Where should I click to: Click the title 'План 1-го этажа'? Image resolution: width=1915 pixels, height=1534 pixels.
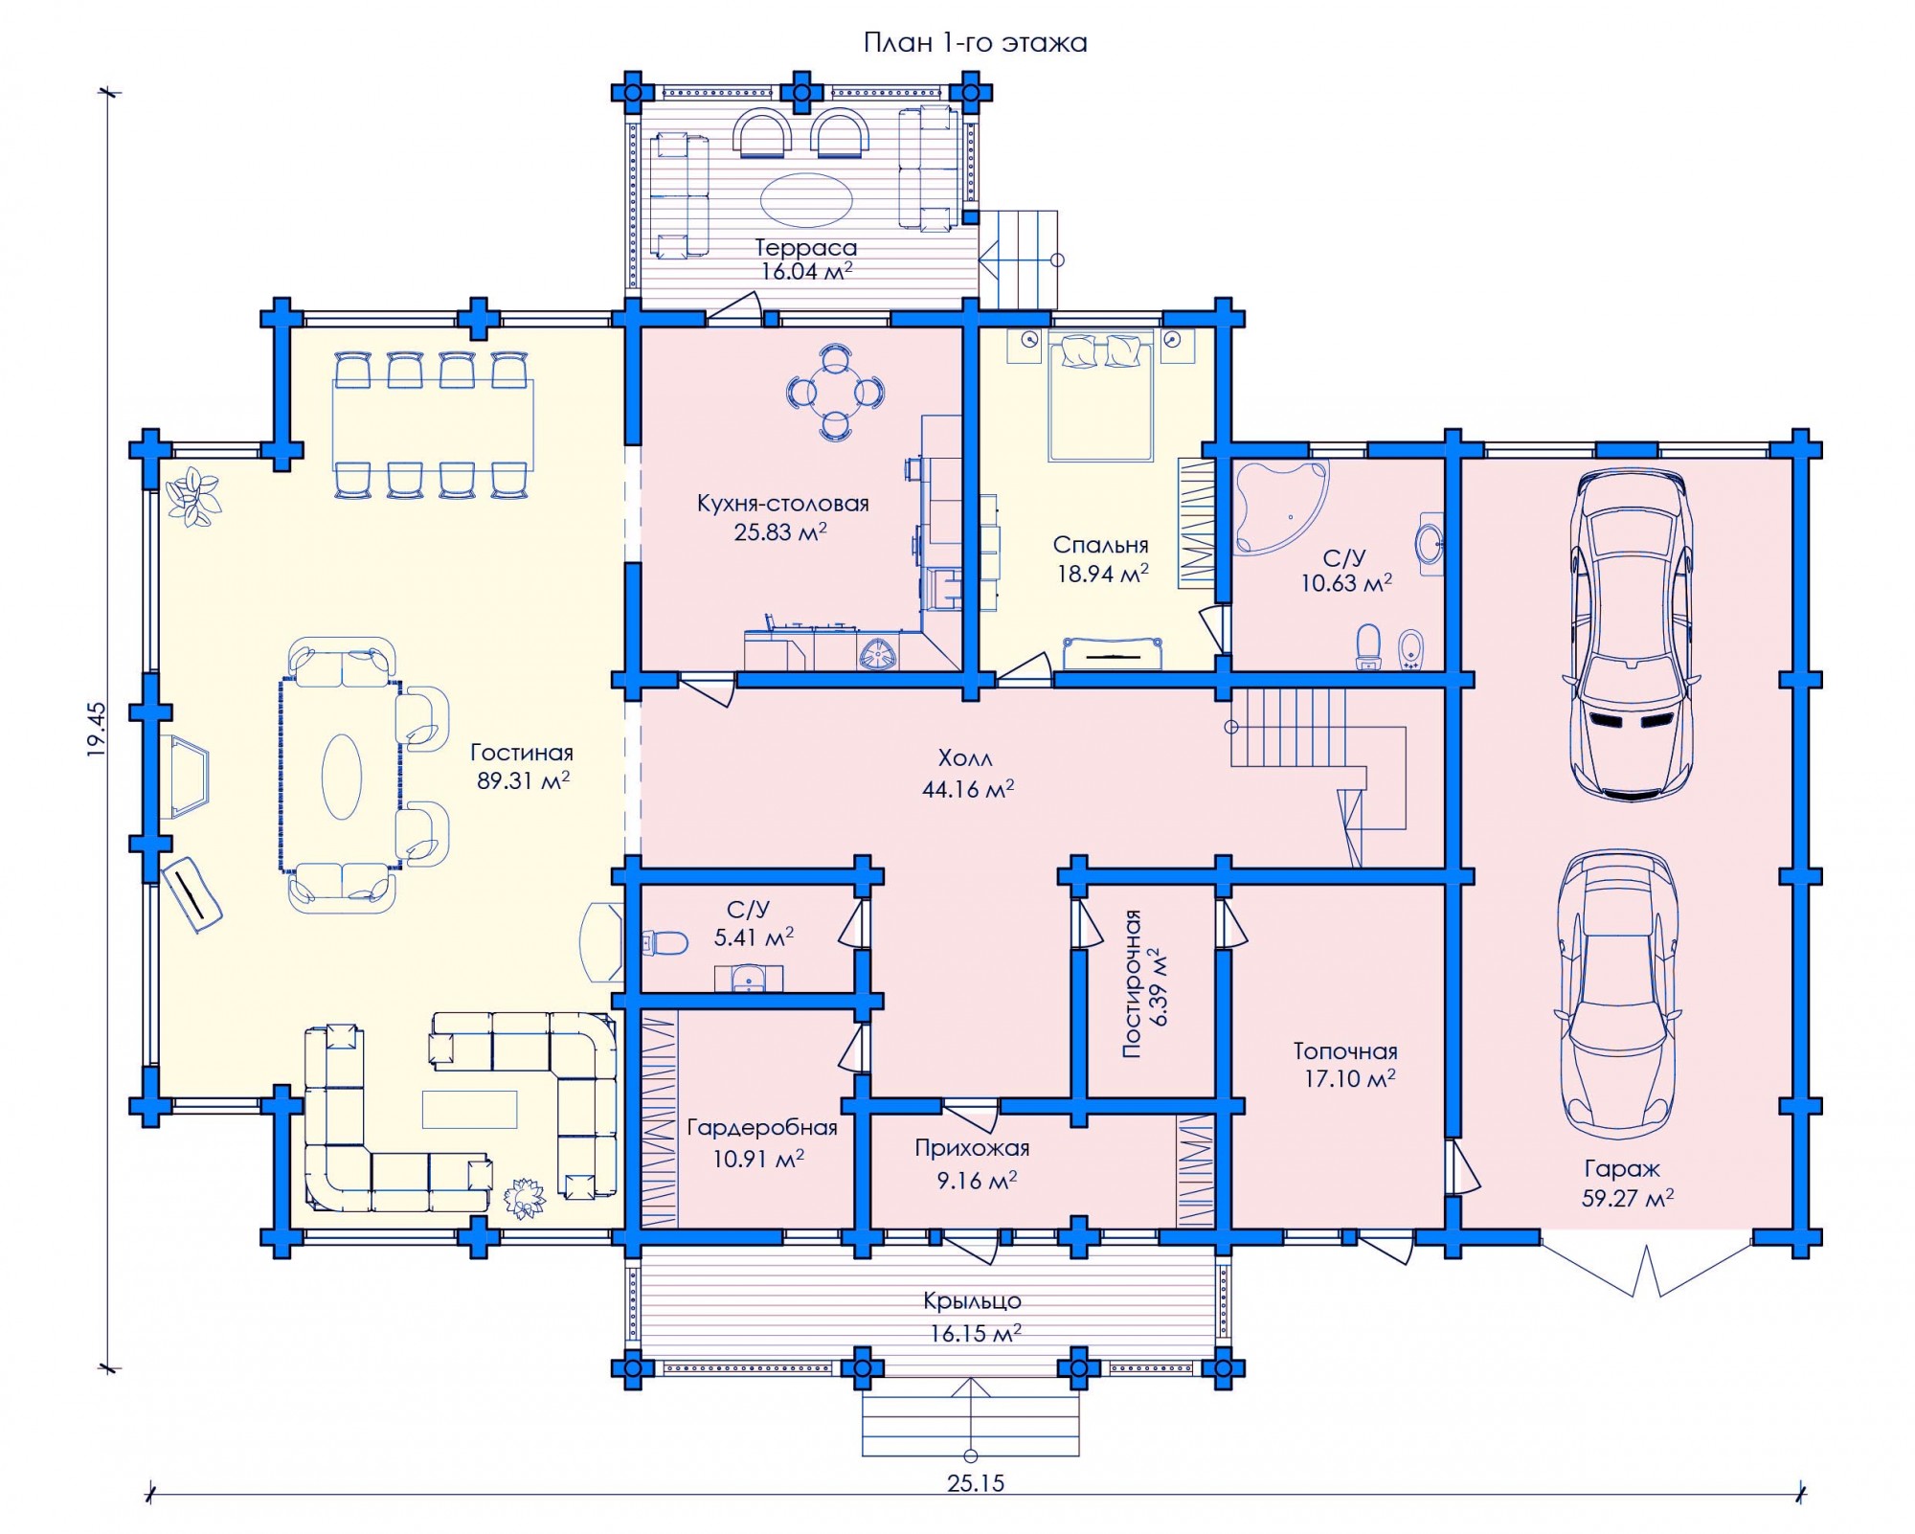[975, 43]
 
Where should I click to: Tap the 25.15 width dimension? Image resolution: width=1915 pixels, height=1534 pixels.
[976, 1483]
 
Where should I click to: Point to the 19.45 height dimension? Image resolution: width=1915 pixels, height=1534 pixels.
[97, 730]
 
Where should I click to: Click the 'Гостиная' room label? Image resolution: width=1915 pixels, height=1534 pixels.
[521, 753]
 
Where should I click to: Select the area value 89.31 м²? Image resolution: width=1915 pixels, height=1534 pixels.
[523, 780]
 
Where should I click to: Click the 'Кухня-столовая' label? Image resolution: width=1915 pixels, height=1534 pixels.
[782, 504]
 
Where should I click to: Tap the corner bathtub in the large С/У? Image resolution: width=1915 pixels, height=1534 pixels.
[1280, 506]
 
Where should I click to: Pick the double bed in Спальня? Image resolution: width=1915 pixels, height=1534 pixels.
[1099, 397]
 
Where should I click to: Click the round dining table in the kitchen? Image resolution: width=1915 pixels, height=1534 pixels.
[836, 392]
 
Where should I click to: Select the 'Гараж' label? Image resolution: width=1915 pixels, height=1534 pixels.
[1622, 1168]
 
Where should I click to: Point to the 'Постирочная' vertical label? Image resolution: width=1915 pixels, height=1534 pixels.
[1132, 983]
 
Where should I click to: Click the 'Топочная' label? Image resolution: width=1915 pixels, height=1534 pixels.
[1345, 1051]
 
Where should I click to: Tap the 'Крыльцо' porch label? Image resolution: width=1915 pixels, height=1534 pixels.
[972, 1301]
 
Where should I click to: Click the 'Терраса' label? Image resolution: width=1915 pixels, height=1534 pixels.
[805, 248]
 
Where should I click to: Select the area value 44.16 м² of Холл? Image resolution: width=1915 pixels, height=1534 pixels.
[968, 789]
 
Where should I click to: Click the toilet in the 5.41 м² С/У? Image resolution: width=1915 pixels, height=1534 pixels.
[665, 943]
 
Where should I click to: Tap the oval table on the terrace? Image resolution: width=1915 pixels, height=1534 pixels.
[806, 200]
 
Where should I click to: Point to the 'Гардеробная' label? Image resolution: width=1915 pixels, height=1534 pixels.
[762, 1128]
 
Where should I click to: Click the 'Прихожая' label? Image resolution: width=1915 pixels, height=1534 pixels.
[972, 1148]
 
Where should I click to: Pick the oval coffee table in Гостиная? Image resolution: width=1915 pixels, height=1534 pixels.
[342, 777]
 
